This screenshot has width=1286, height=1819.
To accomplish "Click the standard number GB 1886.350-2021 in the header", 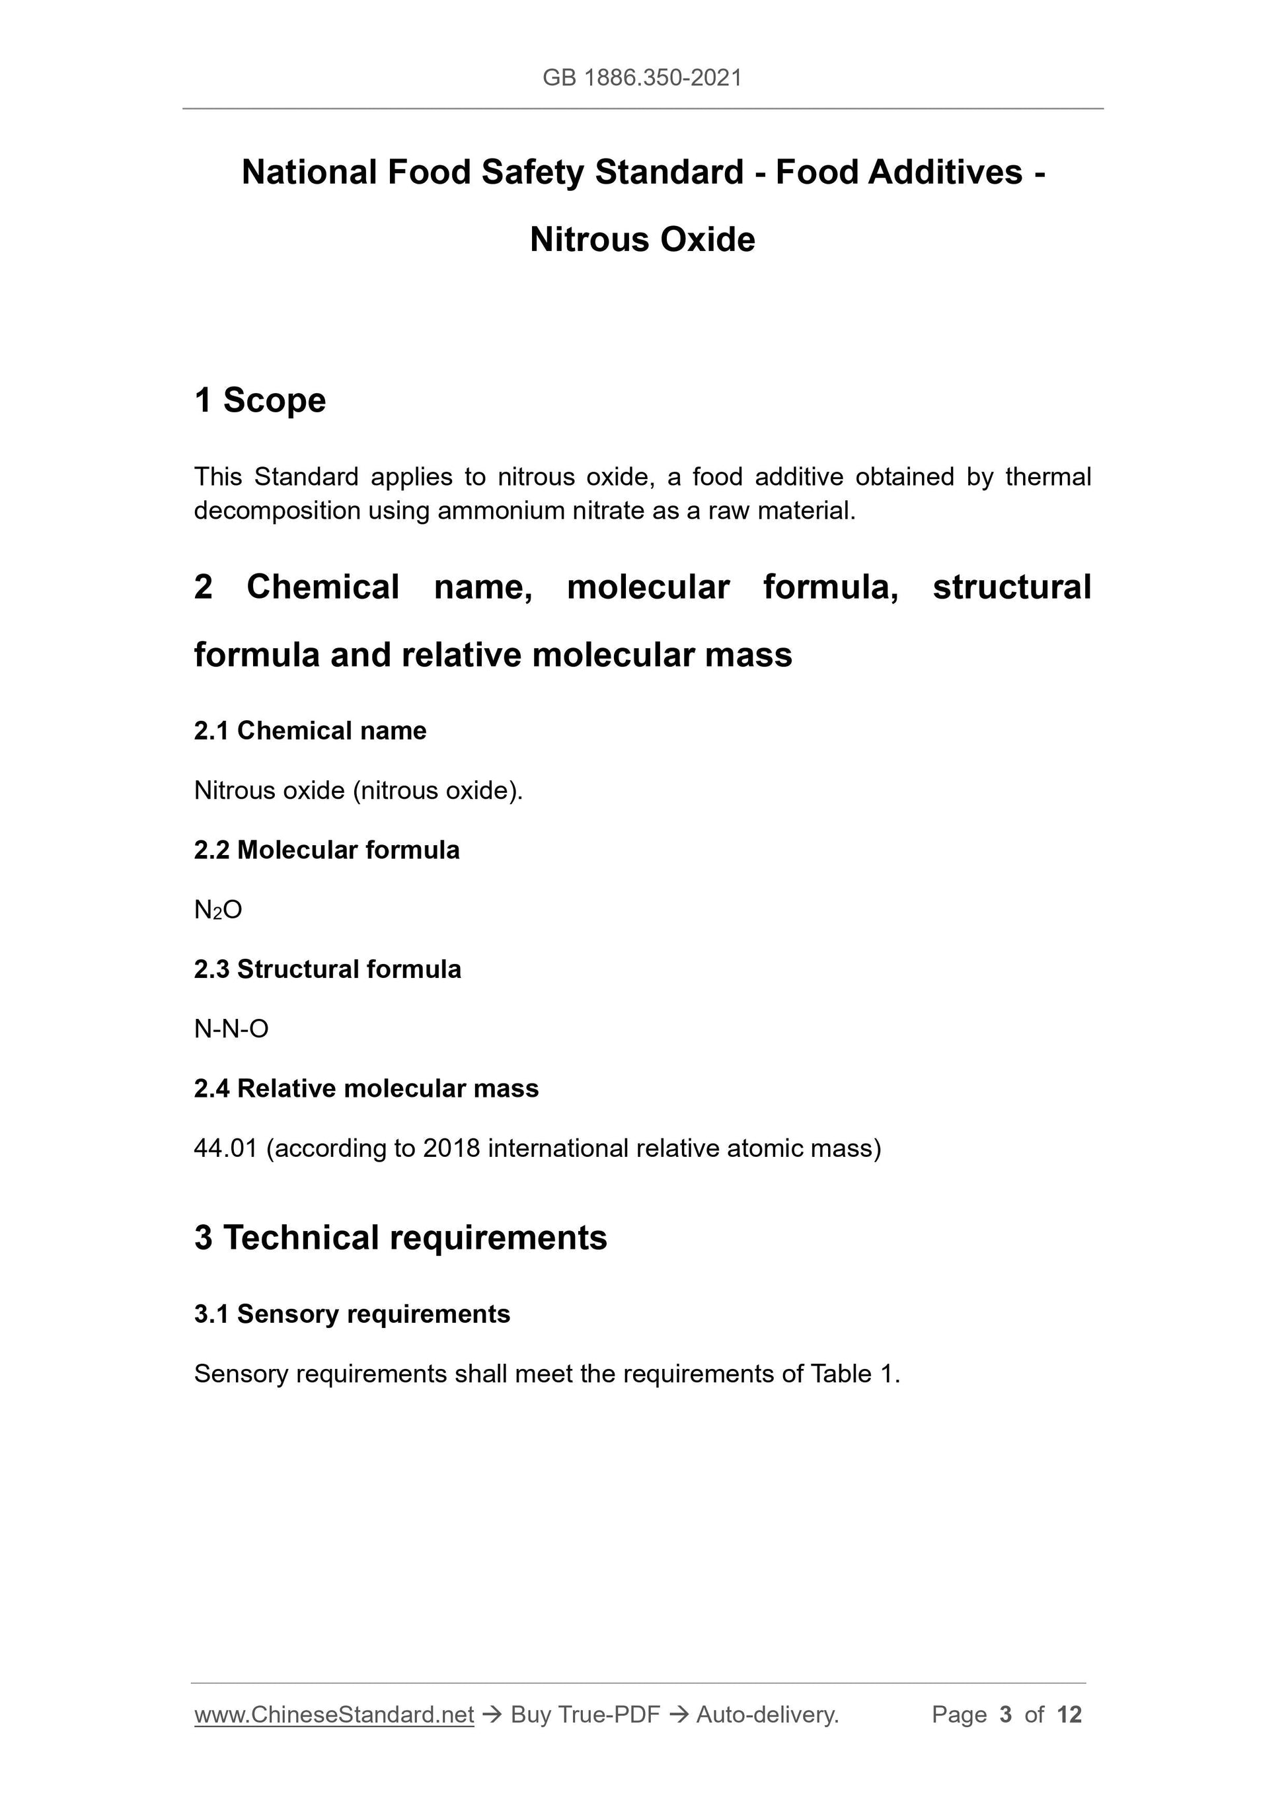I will click(642, 78).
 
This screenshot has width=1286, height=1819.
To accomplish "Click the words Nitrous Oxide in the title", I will click(642, 239).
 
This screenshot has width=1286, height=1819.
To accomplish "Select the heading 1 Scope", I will click(260, 400).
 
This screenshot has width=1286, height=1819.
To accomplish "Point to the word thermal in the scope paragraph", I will click(1047, 477).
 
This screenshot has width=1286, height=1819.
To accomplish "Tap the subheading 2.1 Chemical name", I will click(310, 731).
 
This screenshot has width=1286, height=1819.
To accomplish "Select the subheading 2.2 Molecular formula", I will click(326, 850).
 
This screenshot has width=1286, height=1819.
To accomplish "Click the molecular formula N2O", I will click(218, 910).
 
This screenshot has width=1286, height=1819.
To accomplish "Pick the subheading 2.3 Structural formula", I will click(327, 969).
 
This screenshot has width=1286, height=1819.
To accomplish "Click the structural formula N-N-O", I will click(231, 1029).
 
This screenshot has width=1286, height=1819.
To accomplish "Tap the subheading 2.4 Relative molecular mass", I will click(366, 1088).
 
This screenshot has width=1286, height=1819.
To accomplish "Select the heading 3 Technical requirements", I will click(400, 1238).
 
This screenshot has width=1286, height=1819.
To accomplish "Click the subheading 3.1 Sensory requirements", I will click(352, 1314).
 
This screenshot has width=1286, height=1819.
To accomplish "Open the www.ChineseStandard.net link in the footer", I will click(334, 1715).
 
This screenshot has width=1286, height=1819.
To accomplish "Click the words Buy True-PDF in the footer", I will click(585, 1715).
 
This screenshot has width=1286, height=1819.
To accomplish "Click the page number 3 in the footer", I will click(1006, 1715).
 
